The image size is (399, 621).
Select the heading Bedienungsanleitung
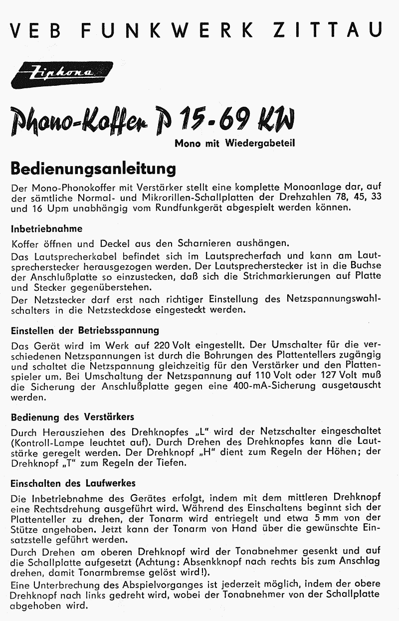coord(93,169)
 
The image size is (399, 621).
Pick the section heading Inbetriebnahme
coord(46,229)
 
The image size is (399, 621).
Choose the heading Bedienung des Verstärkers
coord(72,416)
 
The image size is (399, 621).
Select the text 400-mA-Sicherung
coord(271,386)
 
